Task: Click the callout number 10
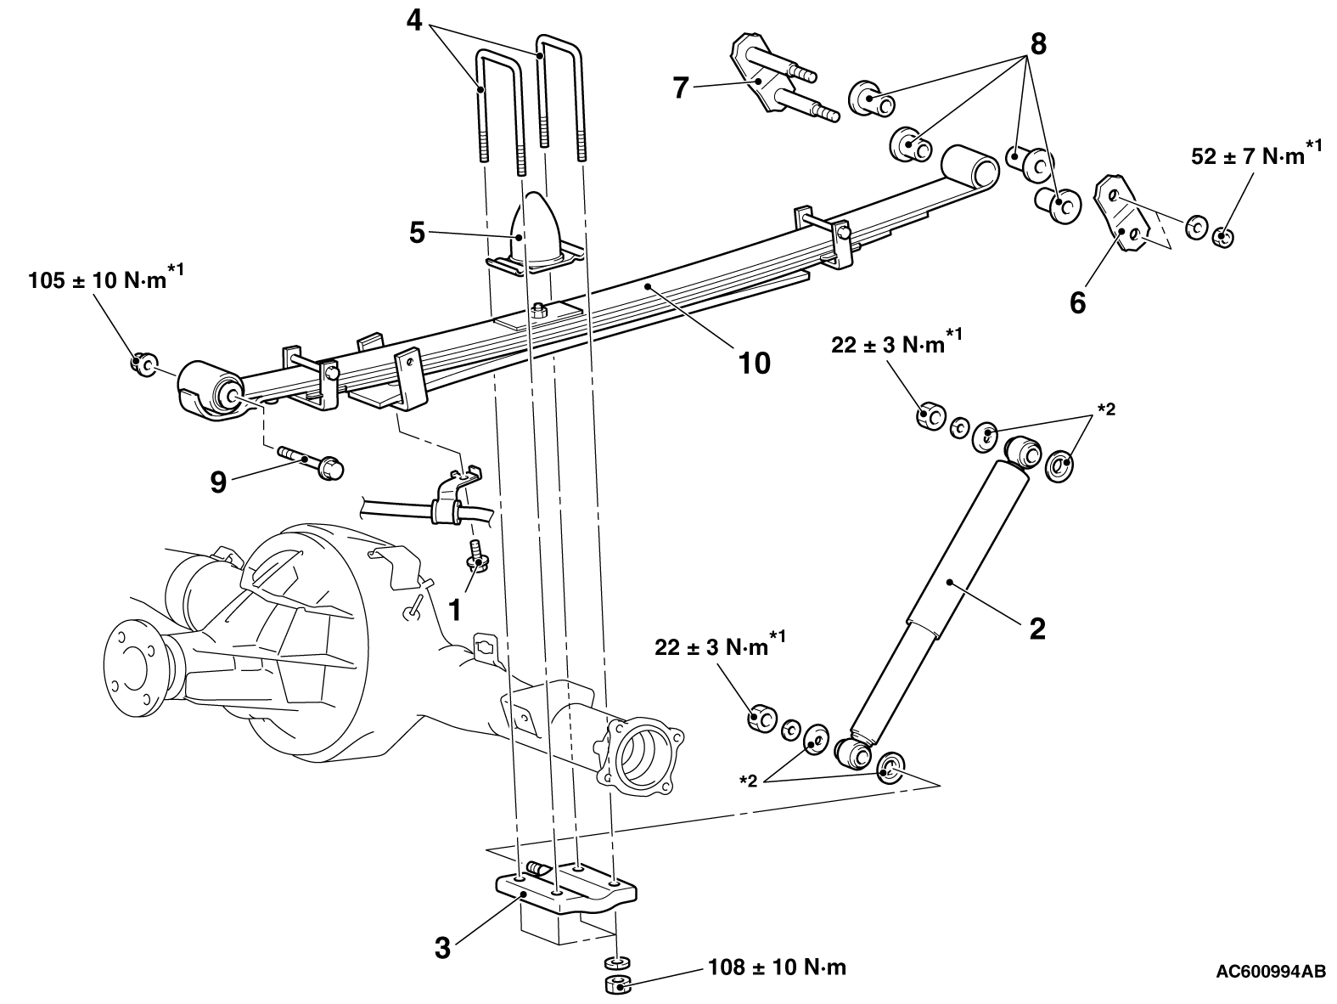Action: [x=754, y=364]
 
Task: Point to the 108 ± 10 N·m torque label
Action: [x=778, y=967]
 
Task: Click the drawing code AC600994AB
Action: [x=1271, y=989]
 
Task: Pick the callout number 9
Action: [x=218, y=482]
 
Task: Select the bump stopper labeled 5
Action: [x=534, y=234]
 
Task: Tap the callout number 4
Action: [x=414, y=20]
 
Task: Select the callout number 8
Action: [x=1038, y=44]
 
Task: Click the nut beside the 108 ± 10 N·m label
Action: [x=618, y=985]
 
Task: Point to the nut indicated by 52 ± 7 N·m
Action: [x=1223, y=236]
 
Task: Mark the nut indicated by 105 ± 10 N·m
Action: [x=143, y=364]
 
